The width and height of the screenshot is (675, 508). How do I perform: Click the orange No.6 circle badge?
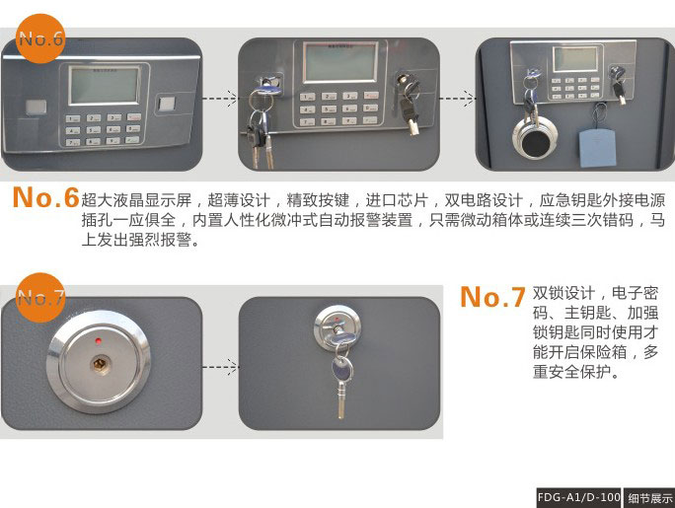pyautogui.click(x=40, y=38)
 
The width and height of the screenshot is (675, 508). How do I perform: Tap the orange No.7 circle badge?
pyautogui.click(x=40, y=297)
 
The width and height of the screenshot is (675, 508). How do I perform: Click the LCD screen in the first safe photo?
pyautogui.click(x=105, y=85)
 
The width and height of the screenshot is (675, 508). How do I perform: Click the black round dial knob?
pyautogui.click(x=534, y=141)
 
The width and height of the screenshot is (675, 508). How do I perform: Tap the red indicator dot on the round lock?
pyautogui.click(x=99, y=341)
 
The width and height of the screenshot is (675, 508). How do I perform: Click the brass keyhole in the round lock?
pyautogui.click(x=100, y=365)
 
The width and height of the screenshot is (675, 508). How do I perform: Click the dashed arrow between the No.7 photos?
pyautogui.click(x=219, y=367)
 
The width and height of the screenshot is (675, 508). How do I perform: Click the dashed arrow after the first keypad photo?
pyautogui.click(x=219, y=98)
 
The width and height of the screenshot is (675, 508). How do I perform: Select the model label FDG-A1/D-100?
pyautogui.click(x=579, y=498)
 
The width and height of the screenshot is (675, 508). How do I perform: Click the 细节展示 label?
pyautogui.click(x=649, y=498)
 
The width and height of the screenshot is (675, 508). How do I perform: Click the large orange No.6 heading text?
pyautogui.click(x=46, y=198)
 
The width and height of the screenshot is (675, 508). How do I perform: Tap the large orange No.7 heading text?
pyautogui.click(x=492, y=297)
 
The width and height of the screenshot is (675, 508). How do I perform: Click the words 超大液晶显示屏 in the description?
pyautogui.click(x=136, y=200)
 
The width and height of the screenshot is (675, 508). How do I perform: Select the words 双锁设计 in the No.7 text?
pyautogui.click(x=563, y=293)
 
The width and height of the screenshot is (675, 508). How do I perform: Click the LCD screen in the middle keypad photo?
pyautogui.click(x=340, y=61)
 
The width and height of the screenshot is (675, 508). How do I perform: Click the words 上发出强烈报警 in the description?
pyautogui.click(x=136, y=240)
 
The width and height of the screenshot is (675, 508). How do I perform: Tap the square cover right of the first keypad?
pyautogui.click(x=167, y=105)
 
